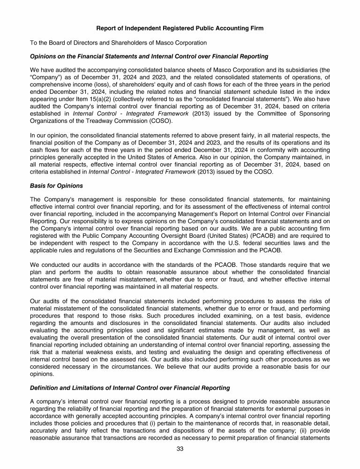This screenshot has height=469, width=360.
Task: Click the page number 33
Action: pos(180,450)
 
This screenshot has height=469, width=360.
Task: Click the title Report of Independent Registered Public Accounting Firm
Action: pos(180,29)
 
